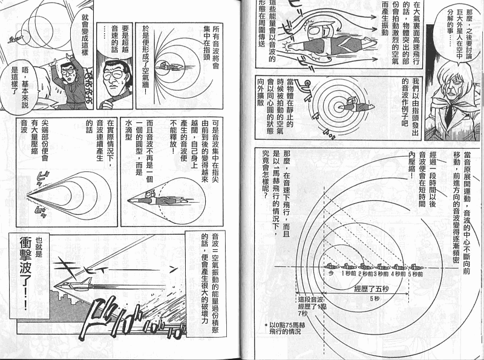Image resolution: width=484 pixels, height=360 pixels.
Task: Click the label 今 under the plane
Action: (x=331, y=273)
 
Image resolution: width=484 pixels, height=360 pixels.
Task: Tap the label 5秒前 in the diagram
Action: (x=416, y=273)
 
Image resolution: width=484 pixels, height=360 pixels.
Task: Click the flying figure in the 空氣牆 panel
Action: (x=170, y=66)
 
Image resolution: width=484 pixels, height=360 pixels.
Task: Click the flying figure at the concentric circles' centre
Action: (x=352, y=108)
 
